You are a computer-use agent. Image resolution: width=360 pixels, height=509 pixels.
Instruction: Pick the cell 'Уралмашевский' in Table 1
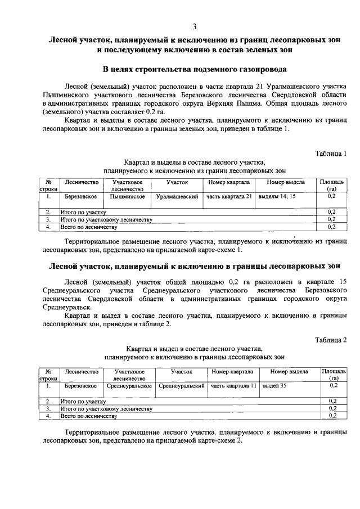pos(177,197)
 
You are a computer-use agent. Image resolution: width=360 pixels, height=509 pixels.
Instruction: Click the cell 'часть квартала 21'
pos(228,197)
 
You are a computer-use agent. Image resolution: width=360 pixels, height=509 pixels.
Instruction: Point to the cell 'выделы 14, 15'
pos(277,197)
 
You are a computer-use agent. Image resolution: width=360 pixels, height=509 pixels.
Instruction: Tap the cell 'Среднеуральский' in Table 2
pos(181,386)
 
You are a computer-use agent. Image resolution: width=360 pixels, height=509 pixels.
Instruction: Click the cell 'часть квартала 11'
pos(233,386)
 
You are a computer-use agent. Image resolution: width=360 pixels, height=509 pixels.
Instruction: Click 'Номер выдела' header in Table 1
pos(286,182)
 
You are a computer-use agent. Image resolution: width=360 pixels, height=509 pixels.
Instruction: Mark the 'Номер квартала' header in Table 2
pos(233,372)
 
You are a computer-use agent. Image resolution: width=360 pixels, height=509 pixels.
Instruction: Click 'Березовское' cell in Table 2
pos(81,386)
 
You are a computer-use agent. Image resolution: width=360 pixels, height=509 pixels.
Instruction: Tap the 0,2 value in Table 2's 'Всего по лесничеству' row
pos(332,416)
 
